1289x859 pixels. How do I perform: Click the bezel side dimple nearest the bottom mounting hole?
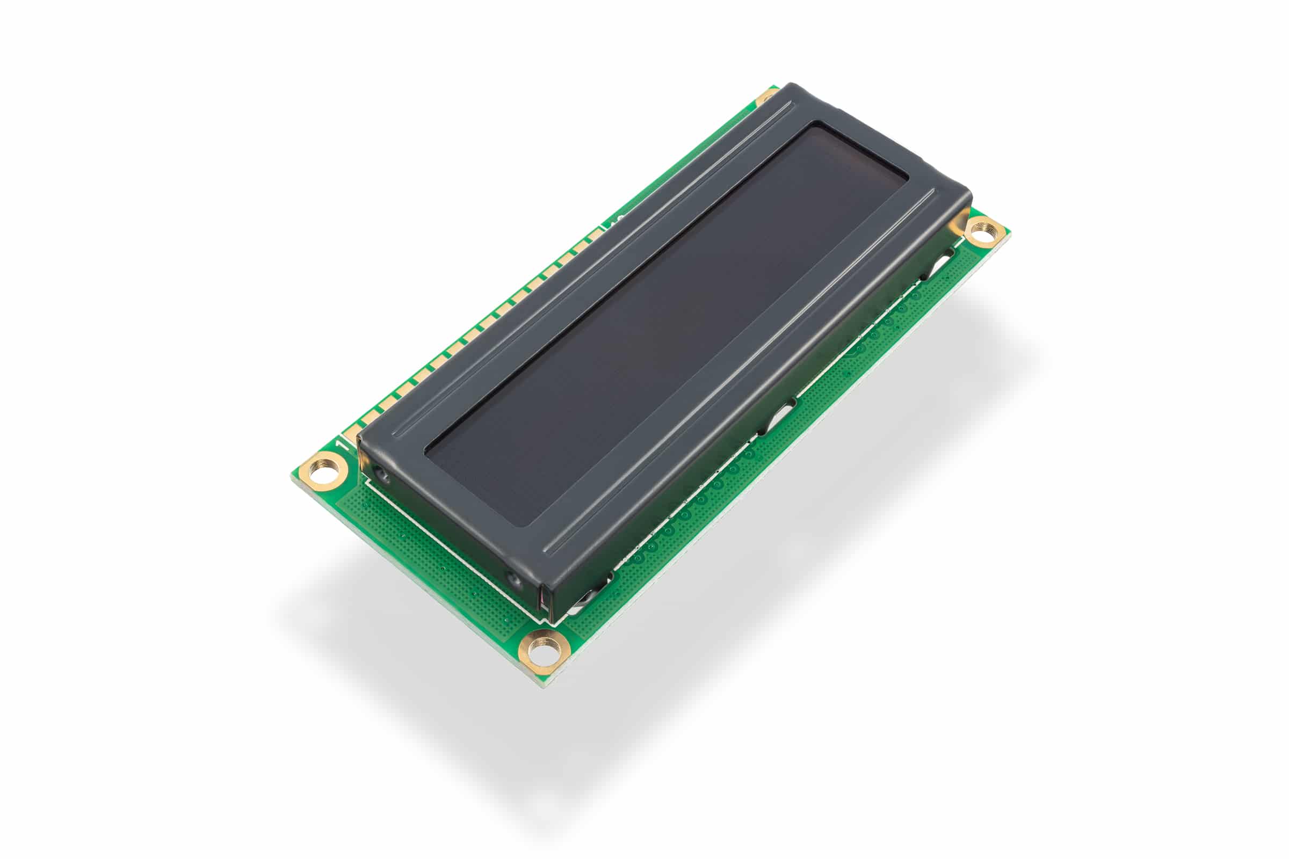click(513, 579)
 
